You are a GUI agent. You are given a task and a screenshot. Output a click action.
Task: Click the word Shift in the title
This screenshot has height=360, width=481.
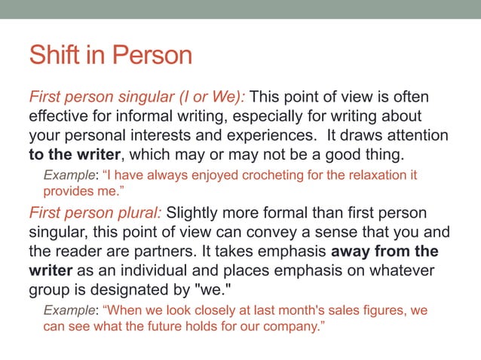(x=51, y=55)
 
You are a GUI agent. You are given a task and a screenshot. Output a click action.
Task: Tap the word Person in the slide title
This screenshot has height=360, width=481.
(x=152, y=55)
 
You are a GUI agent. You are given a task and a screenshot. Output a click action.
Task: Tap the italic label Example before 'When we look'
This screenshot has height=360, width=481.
(x=67, y=310)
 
